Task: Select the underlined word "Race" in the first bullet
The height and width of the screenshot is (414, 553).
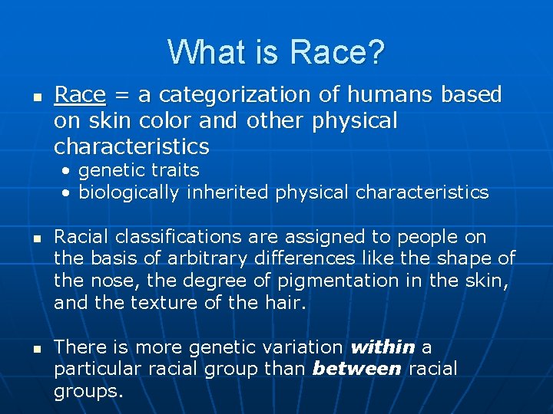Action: click(x=80, y=95)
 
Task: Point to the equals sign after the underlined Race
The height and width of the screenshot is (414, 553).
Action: click(x=121, y=96)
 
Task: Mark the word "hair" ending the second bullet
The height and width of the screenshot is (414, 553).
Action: click(x=287, y=303)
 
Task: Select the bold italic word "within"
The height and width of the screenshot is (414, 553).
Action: click(x=382, y=347)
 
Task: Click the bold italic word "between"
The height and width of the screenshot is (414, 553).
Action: click(x=357, y=369)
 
